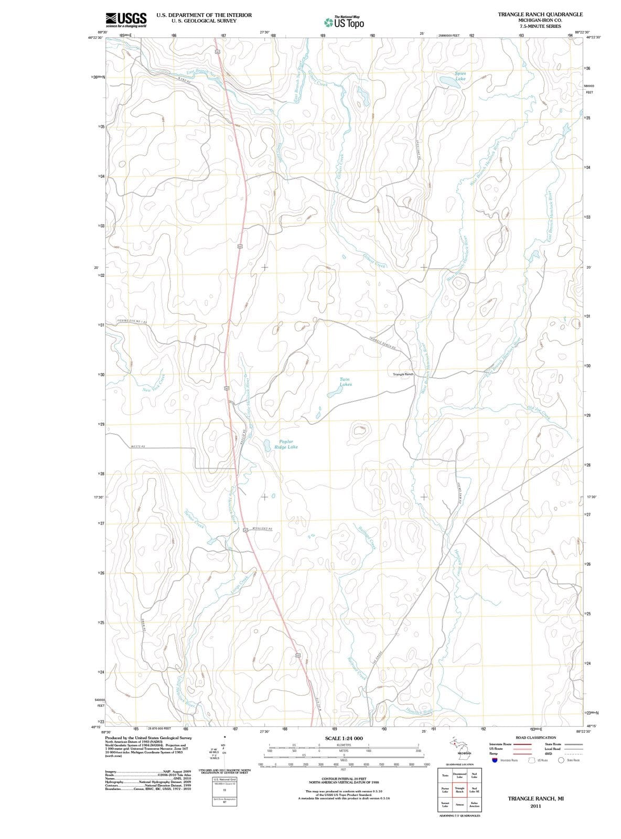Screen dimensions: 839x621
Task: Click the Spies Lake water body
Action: (x=450, y=82)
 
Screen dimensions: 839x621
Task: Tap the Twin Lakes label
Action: (x=345, y=382)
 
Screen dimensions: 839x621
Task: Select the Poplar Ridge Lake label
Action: (x=286, y=445)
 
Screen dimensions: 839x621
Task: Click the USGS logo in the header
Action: (x=126, y=20)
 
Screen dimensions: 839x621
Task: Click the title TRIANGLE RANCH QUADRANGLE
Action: (x=540, y=14)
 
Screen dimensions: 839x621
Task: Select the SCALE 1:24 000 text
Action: (x=344, y=738)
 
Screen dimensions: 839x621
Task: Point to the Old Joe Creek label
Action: (x=539, y=413)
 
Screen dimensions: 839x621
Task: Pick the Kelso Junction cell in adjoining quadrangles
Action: (x=474, y=804)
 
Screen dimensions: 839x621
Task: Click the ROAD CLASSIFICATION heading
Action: (x=536, y=737)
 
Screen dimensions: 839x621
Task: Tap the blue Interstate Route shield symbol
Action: (x=494, y=760)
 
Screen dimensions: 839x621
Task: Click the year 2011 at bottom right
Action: (x=535, y=806)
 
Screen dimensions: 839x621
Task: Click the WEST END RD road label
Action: (x=138, y=446)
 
